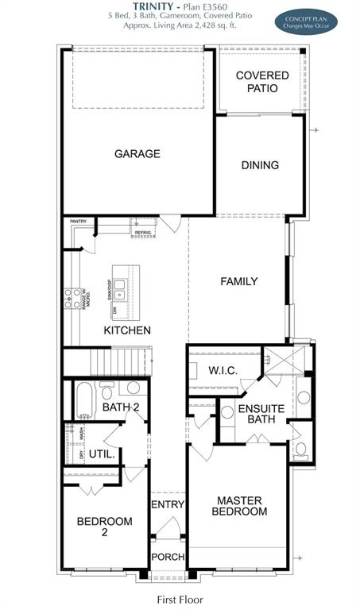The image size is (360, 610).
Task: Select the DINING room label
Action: point(260,165)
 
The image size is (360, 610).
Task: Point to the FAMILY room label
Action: point(239,281)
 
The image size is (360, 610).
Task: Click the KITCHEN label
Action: point(127,330)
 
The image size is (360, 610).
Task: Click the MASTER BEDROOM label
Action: point(242,506)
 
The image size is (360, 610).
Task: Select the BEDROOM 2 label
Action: point(104,527)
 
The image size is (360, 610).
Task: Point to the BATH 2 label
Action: point(121,408)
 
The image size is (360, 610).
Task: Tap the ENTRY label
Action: point(167,504)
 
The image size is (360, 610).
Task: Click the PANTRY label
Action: point(78,222)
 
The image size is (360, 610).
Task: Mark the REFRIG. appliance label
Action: point(143,233)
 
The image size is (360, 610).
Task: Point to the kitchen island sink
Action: point(119,285)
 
